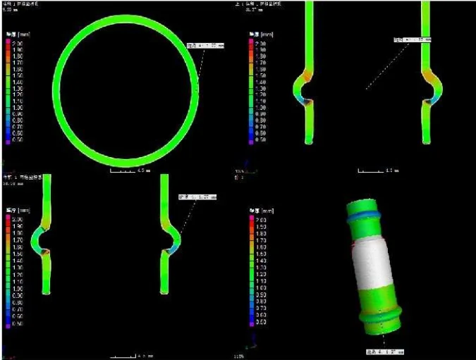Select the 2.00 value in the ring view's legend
click(x=19, y=44)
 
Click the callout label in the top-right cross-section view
click(x=412, y=40)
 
